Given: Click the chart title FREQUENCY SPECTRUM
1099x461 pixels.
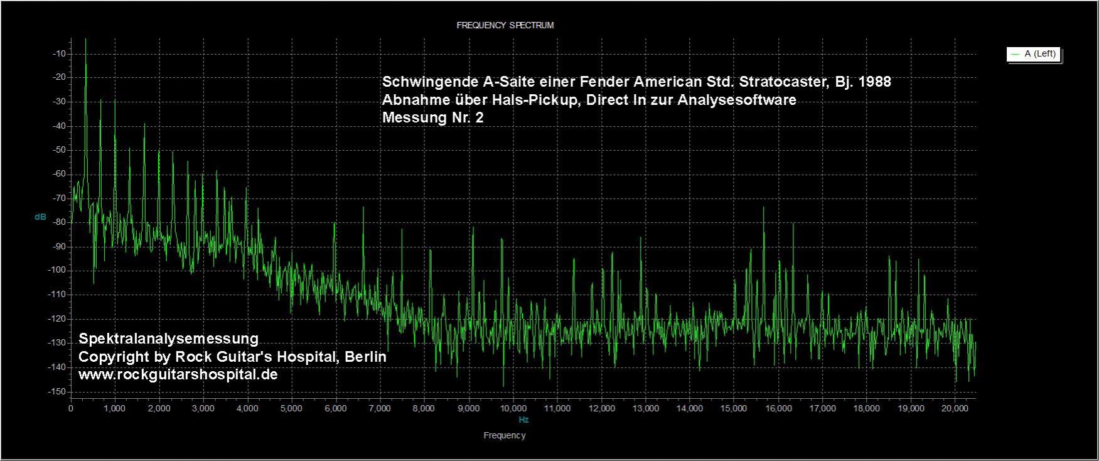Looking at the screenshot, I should click(505, 26).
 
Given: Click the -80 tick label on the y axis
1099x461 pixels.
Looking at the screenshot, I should click(60, 222).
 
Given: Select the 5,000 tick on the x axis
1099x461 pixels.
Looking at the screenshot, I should click(291, 408).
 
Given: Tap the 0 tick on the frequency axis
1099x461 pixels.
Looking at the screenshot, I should click(71, 408).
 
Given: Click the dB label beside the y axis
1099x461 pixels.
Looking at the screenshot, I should click(40, 217).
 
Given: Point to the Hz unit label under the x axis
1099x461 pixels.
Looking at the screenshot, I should click(523, 420).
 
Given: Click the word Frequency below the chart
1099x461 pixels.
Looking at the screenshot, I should click(505, 435).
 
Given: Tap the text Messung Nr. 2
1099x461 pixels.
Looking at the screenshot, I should click(433, 117).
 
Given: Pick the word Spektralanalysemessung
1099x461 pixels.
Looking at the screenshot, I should click(168, 339).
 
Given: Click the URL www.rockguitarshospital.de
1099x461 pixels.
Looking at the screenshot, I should click(178, 374).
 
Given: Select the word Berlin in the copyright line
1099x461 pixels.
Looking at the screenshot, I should click(365, 357).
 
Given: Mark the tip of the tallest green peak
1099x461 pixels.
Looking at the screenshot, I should click(85, 39).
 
